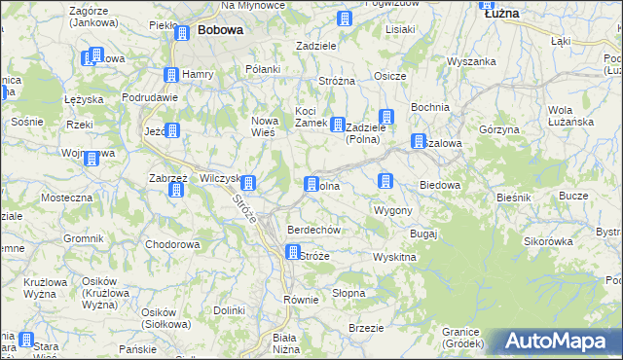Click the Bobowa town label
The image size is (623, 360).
tap(220, 30)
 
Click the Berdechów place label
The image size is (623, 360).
tap(312, 230)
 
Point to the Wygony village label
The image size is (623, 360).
tap(393, 210)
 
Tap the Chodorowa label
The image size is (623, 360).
tap(171, 244)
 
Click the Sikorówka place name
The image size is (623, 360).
tap(547, 239)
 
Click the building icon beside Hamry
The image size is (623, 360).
tap(170, 75)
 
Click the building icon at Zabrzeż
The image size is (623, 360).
tap(176, 190)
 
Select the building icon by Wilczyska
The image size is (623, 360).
tap(248, 182)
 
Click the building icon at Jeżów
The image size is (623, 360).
tap(172, 130)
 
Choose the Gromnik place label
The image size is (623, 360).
tap(84, 238)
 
